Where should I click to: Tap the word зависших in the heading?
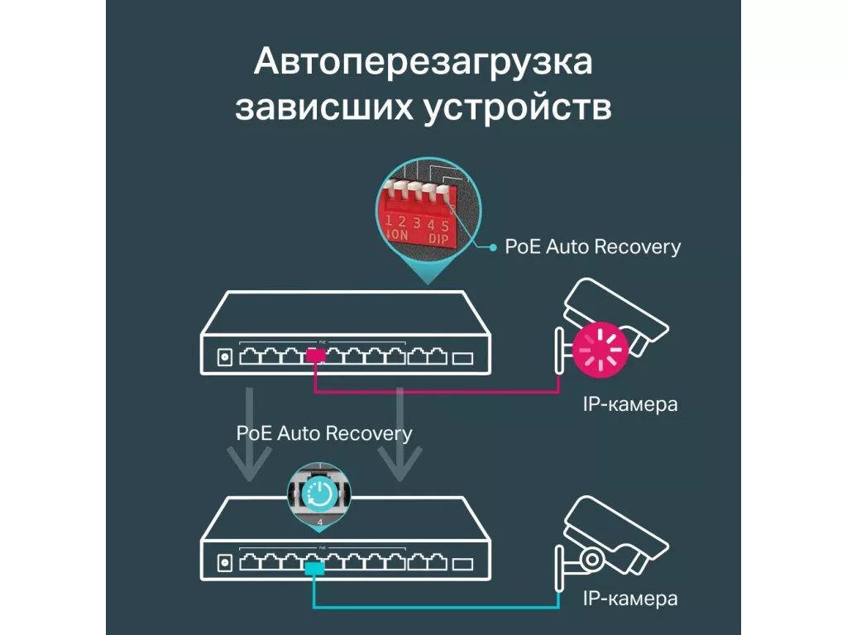click(323, 107)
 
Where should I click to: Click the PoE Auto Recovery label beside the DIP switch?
click(592, 246)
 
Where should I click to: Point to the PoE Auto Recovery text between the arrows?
click(324, 433)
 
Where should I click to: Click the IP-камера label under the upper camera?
click(630, 403)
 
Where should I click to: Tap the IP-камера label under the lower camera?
click(630, 599)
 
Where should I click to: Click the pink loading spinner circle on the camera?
click(601, 350)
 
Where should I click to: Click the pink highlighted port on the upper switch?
click(315, 356)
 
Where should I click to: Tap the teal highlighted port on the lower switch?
click(314, 568)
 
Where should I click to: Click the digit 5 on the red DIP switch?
click(445, 226)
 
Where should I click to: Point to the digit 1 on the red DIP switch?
click(389, 220)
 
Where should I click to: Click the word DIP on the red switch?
click(438, 238)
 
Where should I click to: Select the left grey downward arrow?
click(249, 434)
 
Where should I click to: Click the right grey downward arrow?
click(400, 434)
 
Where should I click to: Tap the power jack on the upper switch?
click(225, 357)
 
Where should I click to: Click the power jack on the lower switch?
click(225, 564)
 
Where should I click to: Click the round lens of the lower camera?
click(592, 559)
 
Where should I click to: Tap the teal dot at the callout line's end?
click(493, 247)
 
